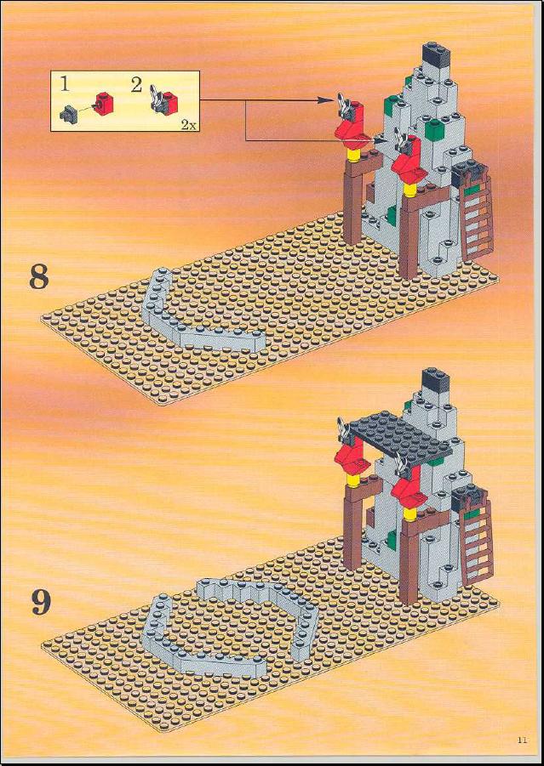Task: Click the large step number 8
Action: pos(39,277)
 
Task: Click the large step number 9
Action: pos(41,603)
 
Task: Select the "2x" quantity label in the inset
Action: pos(188,125)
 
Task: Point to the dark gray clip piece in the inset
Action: pos(67,114)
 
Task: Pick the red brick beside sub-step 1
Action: pos(104,103)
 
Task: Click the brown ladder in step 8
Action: pos(476,218)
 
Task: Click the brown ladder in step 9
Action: pos(477,542)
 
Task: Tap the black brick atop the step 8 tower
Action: pos(436,54)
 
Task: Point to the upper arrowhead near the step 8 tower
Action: pos(325,100)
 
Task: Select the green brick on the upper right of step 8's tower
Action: pos(433,129)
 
